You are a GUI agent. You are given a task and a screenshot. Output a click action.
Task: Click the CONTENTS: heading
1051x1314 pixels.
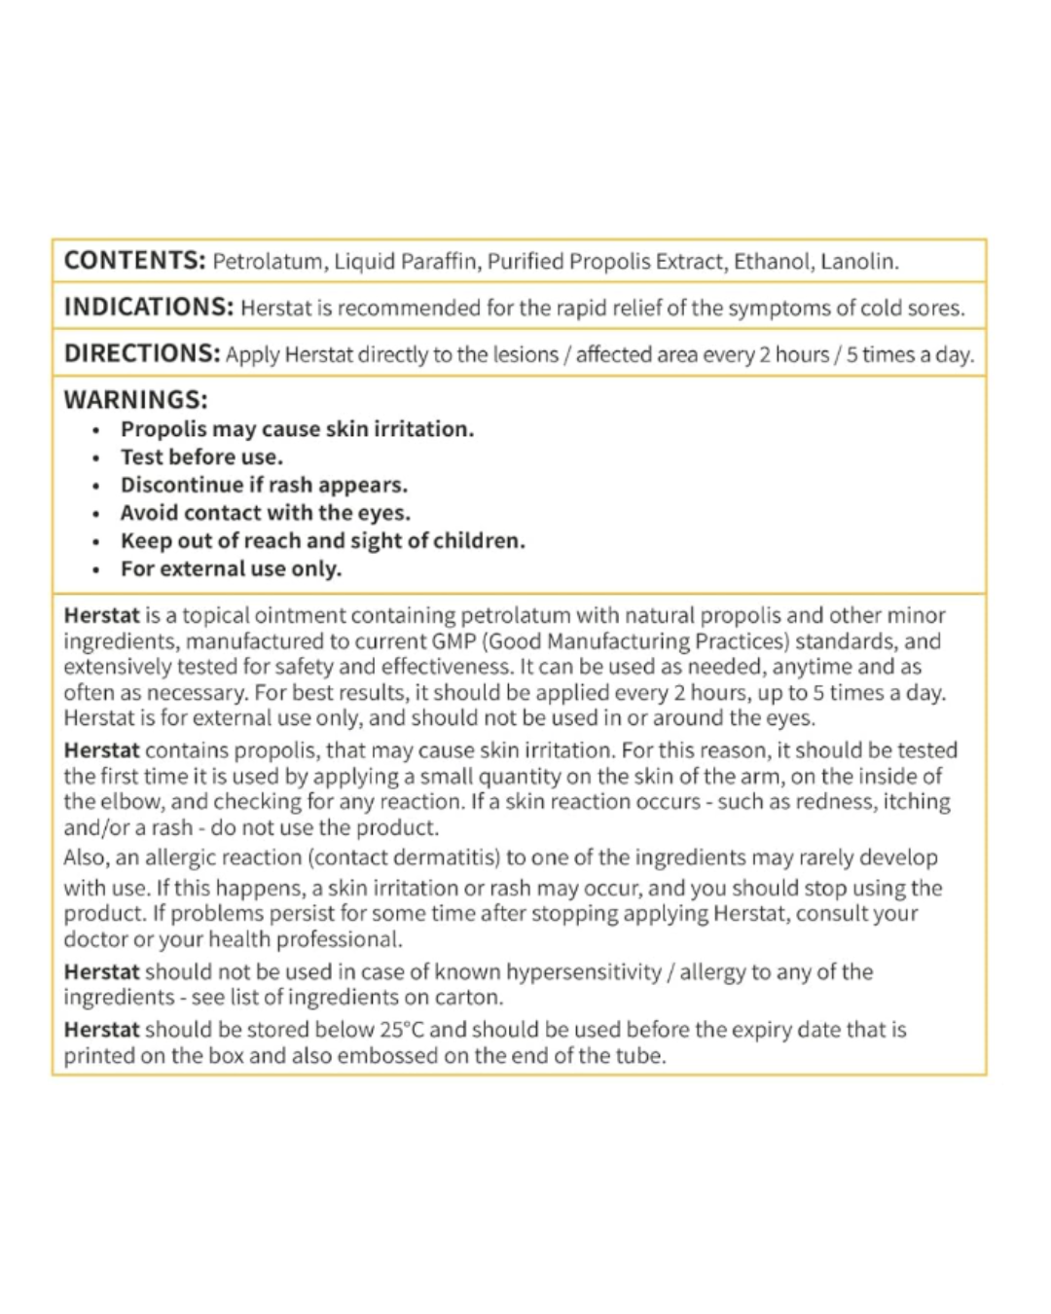click(x=134, y=261)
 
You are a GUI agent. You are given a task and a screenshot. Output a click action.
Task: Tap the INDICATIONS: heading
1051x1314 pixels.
click(x=149, y=308)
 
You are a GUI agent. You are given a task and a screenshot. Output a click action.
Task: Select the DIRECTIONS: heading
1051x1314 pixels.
click(x=142, y=353)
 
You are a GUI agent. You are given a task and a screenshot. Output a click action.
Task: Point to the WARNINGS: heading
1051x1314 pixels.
click(x=135, y=399)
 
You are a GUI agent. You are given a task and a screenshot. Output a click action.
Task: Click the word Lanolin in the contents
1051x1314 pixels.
click(x=859, y=262)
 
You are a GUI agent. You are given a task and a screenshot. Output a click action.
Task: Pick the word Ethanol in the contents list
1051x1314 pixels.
click(x=772, y=262)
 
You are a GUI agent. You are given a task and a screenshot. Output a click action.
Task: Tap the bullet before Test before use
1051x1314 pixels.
click(x=95, y=458)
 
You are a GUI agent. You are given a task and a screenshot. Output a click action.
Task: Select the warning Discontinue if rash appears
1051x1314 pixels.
click(x=264, y=485)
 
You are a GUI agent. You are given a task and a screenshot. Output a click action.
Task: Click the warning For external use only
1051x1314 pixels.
click(x=231, y=568)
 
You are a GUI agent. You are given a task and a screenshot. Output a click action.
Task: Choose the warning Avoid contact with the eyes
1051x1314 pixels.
click(x=265, y=513)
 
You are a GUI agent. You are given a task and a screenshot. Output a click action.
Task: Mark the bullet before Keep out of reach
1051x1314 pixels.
click(x=95, y=542)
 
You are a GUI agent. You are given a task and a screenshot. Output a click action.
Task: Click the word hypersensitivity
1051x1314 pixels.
click(x=584, y=972)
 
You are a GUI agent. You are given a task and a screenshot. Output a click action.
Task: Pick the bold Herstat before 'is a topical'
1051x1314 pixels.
click(x=101, y=615)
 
